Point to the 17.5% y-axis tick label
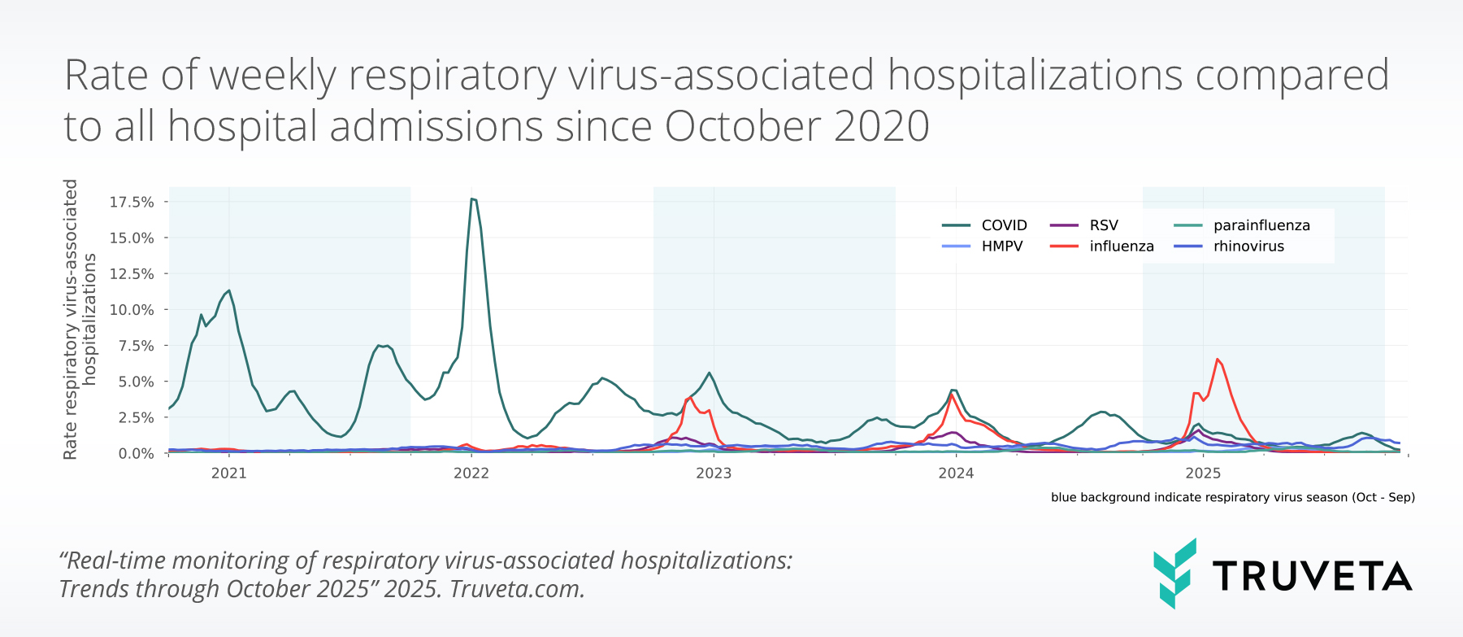pyautogui.click(x=132, y=202)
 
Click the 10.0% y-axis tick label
pyautogui.click(x=132, y=310)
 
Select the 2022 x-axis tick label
pyautogui.click(x=471, y=473)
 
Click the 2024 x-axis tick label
pyautogui.click(x=956, y=473)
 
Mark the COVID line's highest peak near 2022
pyautogui.click(x=472, y=199)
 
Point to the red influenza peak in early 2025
pyautogui.click(x=1217, y=360)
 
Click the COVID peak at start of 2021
pyautogui.click(x=229, y=290)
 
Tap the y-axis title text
pyautogui.click(x=79, y=319)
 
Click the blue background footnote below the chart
pyautogui.click(x=1232, y=497)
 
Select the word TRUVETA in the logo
pyautogui.click(x=1312, y=576)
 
